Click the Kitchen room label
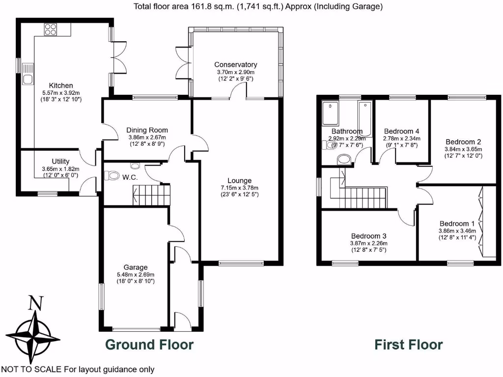point(61,85)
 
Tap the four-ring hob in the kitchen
point(51,29)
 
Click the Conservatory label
point(235,65)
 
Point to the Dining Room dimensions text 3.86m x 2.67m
point(147,137)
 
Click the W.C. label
point(129,176)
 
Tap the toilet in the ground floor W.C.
point(112,175)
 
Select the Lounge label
point(239,181)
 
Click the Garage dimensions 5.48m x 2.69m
point(135,274)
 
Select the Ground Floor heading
point(149,345)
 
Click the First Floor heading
point(409,345)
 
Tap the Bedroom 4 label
point(401,131)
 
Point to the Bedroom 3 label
point(368,236)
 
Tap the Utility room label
point(61,162)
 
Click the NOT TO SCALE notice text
point(78,370)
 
